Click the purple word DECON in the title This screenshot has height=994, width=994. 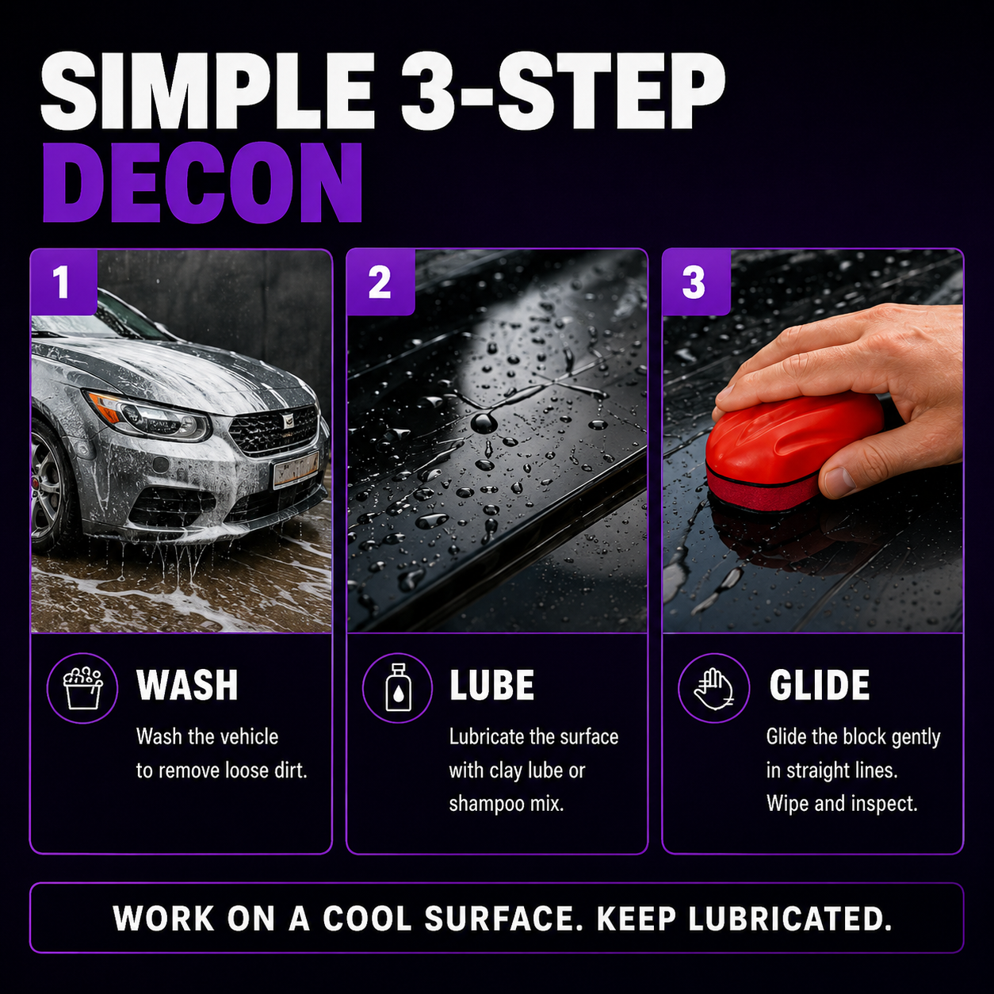(x=203, y=182)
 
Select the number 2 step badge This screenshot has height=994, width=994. (x=380, y=282)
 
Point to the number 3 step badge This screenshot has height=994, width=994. (x=696, y=282)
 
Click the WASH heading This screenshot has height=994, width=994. (x=187, y=685)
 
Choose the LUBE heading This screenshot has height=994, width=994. (x=491, y=685)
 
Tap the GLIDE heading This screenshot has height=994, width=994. (x=819, y=685)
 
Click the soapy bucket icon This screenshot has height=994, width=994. (x=82, y=688)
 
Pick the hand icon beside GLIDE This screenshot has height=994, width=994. (x=713, y=689)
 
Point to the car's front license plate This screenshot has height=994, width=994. (x=296, y=469)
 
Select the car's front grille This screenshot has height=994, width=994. (x=273, y=430)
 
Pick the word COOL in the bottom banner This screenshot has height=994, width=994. (x=367, y=919)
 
